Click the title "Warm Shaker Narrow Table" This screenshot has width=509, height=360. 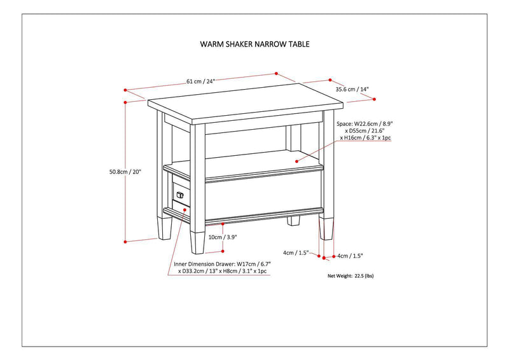(x=254, y=45)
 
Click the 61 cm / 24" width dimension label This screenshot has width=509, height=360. (x=201, y=81)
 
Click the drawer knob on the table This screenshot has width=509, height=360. (x=179, y=194)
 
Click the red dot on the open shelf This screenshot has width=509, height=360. (x=297, y=162)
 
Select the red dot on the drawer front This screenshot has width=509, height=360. (x=184, y=208)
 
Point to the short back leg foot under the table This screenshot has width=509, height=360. (x=293, y=222)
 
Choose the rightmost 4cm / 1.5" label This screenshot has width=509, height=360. (x=350, y=256)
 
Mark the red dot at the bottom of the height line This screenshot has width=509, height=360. (x=125, y=241)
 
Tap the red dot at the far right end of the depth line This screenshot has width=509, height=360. (x=375, y=99)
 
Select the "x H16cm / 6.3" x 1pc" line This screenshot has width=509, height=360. (x=366, y=137)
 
